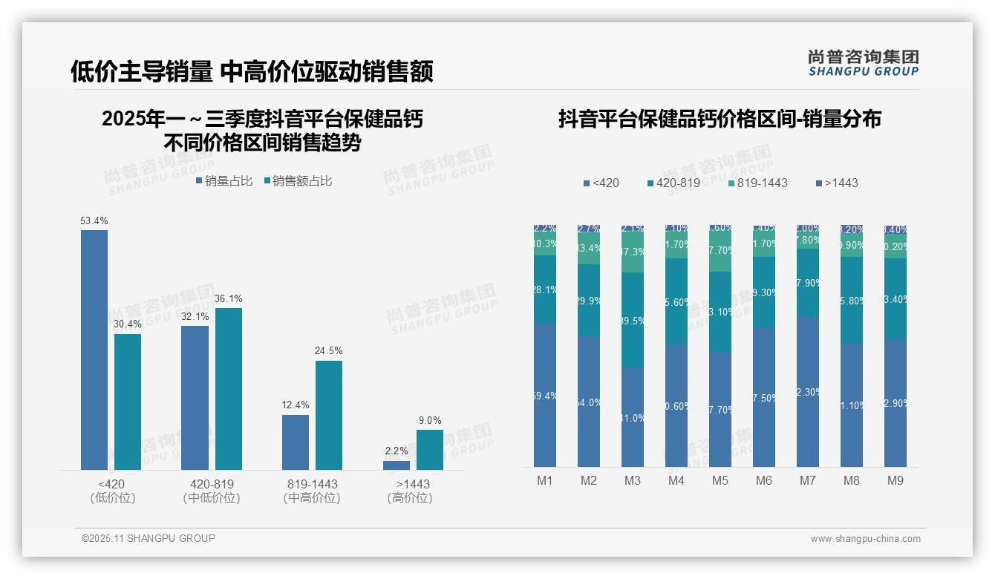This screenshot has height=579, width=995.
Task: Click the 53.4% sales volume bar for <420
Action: (94, 350)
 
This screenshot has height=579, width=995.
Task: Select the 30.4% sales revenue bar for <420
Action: (128, 402)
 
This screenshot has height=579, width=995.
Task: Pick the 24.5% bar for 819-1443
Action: (329, 415)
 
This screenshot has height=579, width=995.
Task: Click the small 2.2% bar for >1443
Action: (397, 465)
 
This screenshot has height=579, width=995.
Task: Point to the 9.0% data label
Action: (430, 421)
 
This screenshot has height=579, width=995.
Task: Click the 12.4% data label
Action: (296, 405)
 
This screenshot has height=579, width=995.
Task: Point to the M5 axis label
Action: (720, 481)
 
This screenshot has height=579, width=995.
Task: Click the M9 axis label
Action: (895, 481)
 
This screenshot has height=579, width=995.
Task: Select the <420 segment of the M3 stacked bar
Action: (633, 417)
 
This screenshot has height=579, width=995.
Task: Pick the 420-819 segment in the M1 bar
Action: (545, 289)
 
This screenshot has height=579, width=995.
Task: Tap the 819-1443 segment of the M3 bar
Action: (633, 252)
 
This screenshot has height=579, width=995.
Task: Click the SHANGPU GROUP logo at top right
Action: (864, 63)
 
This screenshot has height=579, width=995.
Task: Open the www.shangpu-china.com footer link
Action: (865, 539)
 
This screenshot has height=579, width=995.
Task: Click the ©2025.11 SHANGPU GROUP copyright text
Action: (149, 538)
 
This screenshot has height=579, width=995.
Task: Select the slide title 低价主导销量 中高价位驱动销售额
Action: (252, 72)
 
